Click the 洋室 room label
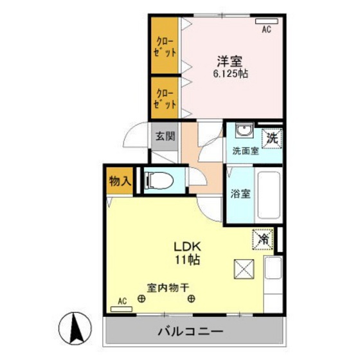pos(229,62)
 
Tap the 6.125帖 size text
pos(230,74)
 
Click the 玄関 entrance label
pos(165,136)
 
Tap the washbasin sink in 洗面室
pos(243,132)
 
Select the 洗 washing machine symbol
pos(273,136)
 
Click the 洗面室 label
pos(246,152)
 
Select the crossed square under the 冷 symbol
pos(244,268)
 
